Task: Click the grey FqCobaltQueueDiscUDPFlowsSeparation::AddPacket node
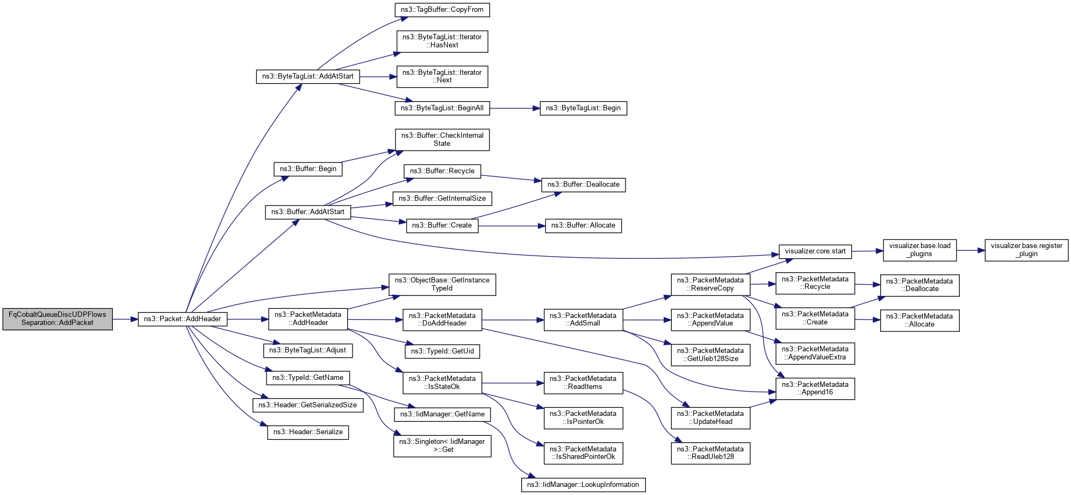57,319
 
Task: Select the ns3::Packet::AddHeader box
182,319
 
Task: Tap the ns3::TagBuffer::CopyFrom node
442,10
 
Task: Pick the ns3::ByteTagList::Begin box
583,108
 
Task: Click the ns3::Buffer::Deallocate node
583,185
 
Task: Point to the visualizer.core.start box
815,251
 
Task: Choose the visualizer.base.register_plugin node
1026,250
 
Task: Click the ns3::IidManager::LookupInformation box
583,485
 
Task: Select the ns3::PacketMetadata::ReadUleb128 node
710,453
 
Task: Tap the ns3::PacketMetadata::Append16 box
815,388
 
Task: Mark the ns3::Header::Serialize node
307,432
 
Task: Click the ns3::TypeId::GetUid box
442,351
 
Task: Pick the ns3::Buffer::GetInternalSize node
442,199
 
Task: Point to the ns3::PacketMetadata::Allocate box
919,321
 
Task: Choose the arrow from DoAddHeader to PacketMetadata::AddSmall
513,320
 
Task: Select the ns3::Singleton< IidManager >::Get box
442,446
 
